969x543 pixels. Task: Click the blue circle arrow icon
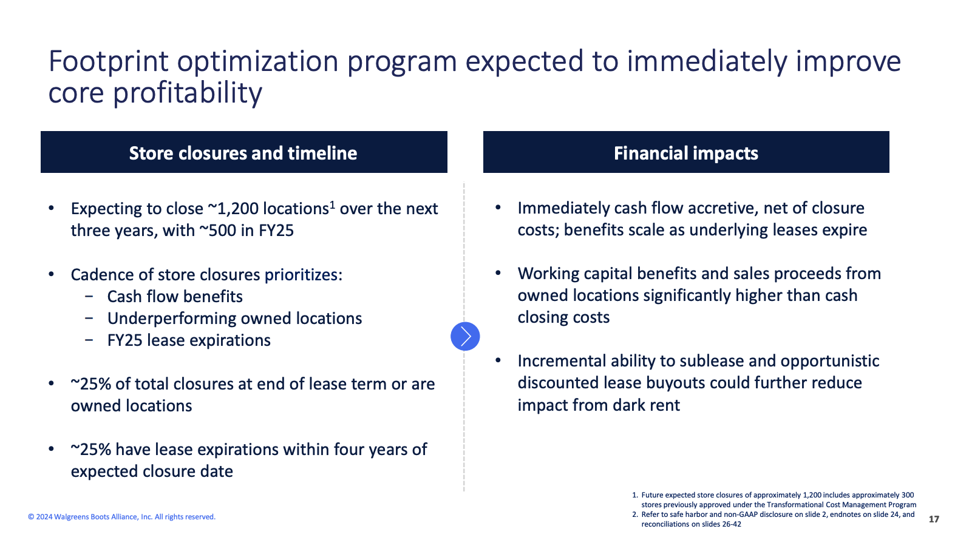(465, 336)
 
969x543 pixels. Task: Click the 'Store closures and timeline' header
(243, 153)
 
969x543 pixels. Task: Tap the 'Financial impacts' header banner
(686, 153)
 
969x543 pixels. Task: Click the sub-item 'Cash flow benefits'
(175, 297)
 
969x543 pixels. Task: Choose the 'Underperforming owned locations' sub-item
(234, 319)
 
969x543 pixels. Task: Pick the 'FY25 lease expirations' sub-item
(189, 341)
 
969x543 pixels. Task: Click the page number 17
(934, 519)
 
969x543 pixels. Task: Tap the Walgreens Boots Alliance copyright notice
(121, 517)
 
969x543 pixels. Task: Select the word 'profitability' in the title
(188, 93)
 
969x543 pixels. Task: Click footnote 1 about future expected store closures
(774, 500)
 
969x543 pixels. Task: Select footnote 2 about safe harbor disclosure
(773, 519)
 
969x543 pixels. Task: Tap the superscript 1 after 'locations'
(332, 204)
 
